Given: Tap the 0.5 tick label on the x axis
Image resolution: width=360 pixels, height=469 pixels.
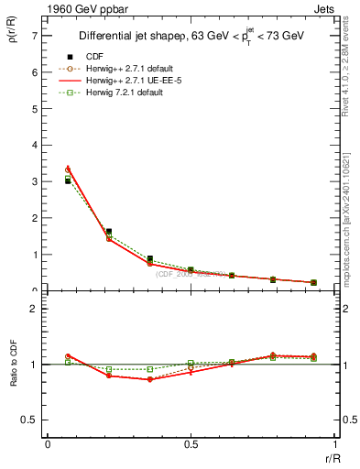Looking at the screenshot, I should [191, 444].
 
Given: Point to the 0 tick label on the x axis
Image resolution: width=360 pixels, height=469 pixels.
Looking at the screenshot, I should [48, 444].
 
